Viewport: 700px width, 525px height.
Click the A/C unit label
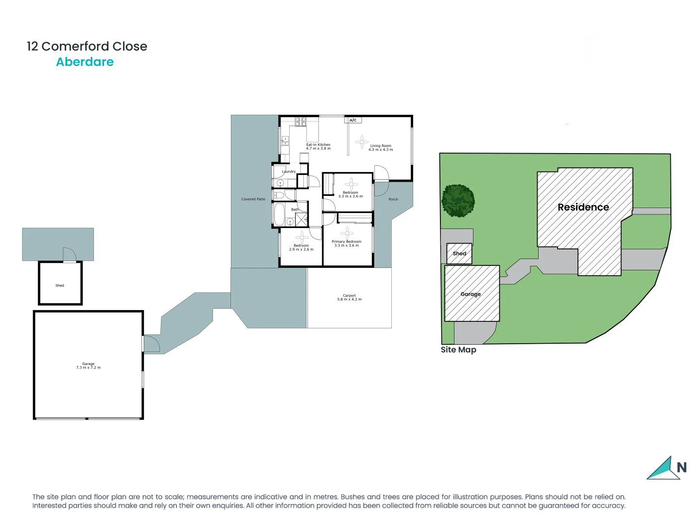coord(353,120)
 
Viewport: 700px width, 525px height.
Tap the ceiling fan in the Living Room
coord(362,142)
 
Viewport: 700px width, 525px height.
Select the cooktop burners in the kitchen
coord(300,122)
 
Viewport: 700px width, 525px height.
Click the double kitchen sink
coord(285,141)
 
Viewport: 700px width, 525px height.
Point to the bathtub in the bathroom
coord(280,215)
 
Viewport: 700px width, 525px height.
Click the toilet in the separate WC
coord(279,195)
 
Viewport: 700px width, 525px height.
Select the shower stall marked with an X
coord(301,219)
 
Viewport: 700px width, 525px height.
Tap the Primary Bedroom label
coord(347,242)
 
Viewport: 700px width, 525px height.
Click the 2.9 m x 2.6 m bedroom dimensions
coord(301,249)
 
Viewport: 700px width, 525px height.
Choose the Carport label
coord(349,296)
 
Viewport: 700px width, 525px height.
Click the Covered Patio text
coord(253,199)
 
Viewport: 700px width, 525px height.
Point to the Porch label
coord(393,199)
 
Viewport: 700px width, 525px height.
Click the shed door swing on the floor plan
coord(70,255)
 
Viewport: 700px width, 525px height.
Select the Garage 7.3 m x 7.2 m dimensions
coord(88,368)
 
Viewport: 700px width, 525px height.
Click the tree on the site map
coord(458,200)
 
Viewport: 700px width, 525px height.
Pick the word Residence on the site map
coord(583,207)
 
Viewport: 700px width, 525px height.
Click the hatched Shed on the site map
coord(459,254)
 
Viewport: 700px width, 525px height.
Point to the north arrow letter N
coord(682,468)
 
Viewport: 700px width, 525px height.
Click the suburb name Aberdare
coord(85,62)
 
